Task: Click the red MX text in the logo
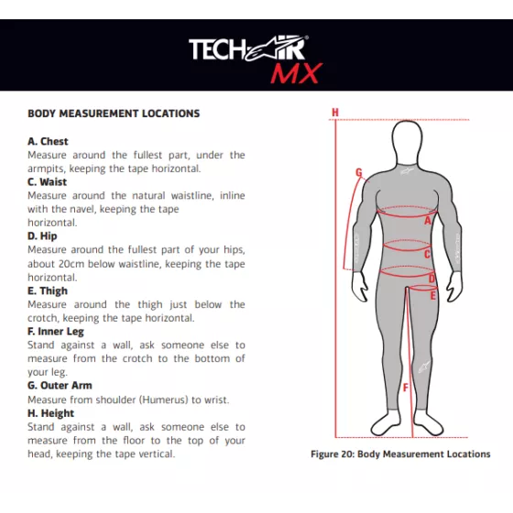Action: tap(297, 73)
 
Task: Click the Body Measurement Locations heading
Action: tap(114, 114)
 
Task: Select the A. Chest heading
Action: tap(48, 141)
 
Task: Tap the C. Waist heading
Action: tap(47, 182)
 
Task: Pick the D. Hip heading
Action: tap(42, 236)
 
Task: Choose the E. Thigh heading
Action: tap(48, 291)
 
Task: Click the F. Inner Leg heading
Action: tap(56, 332)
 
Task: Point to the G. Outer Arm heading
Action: tap(60, 386)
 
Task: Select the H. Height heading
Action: tap(50, 413)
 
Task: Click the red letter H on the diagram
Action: tap(335, 113)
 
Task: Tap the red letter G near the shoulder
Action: tap(359, 172)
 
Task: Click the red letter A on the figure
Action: tap(428, 221)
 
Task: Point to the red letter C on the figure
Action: tap(427, 254)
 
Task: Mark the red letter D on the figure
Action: tap(431, 278)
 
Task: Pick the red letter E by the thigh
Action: tap(432, 296)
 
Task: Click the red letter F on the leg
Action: tap(406, 387)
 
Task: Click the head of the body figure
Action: tap(407, 142)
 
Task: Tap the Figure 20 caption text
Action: tap(400, 454)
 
